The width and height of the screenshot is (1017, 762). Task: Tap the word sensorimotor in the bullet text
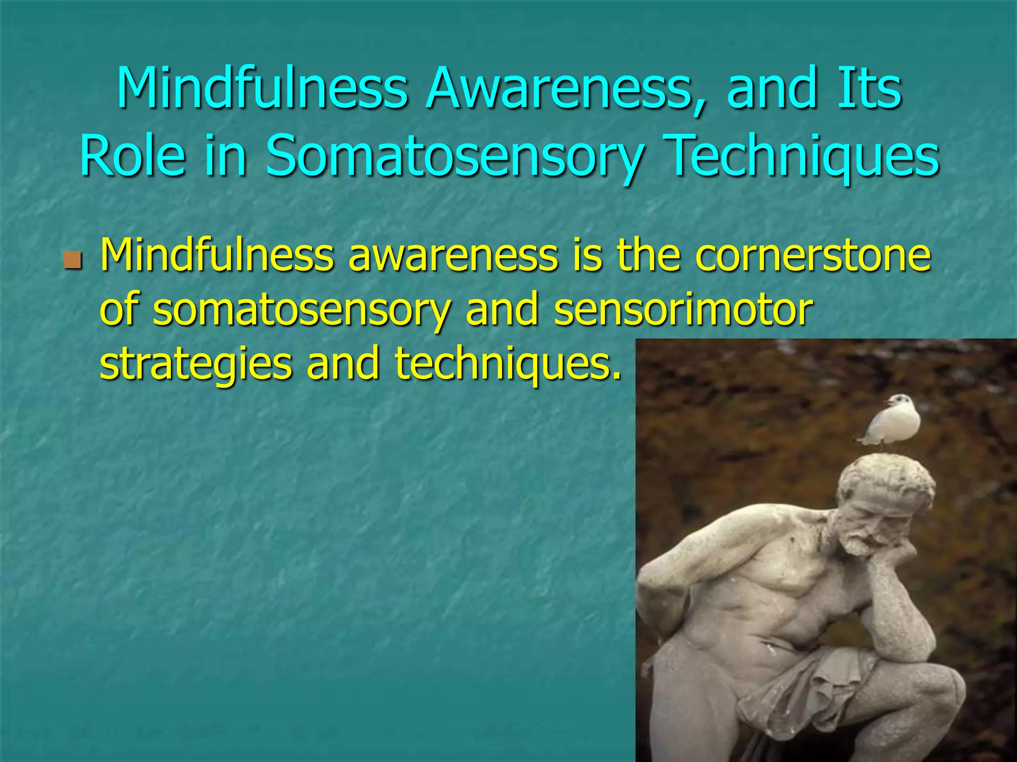click(683, 310)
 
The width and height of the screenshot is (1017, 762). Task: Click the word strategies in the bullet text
click(196, 365)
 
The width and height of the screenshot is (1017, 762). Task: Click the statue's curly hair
click(889, 476)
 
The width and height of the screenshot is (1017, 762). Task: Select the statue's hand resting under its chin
click(889, 553)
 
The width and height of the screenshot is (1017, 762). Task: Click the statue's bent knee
click(934, 695)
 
